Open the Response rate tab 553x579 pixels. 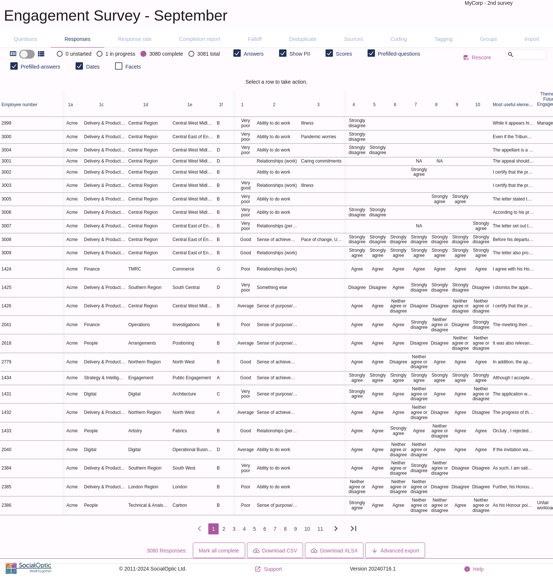click(135, 39)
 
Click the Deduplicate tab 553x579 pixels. click(303, 39)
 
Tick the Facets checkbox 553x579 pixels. click(119, 66)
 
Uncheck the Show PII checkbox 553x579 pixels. click(283, 53)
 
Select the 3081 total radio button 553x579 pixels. click(191, 54)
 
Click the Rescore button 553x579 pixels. click(477, 57)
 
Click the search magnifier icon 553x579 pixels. click(511, 55)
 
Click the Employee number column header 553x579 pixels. click(20, 105)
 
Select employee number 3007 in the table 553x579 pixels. click(6, 226)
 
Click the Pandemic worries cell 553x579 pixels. click(319, 137)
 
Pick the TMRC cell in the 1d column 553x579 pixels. click(135, 269)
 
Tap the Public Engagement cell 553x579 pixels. click(192, 378)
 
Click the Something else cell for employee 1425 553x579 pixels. click(272, 287)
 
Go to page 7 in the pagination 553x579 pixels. click(275, 529)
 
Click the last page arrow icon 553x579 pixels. click(354, 529)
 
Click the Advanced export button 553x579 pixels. click(395, 550)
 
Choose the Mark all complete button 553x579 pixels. click(219, 550)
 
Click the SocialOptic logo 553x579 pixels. click(29, 568)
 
